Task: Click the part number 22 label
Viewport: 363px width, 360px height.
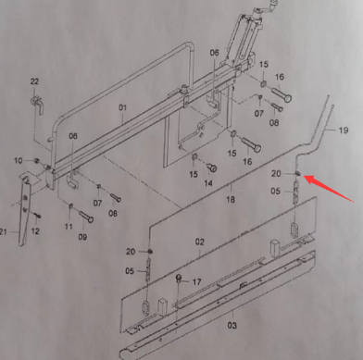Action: click(34, 82)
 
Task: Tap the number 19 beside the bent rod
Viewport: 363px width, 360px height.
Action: click(342, 131)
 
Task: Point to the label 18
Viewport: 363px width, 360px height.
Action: click(231, 200)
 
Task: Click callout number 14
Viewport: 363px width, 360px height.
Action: click(209, 184)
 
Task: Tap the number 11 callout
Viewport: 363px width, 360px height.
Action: click(69, 226)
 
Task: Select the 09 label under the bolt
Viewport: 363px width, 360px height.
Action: click(82, 237)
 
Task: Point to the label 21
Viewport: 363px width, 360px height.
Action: click(5, 230)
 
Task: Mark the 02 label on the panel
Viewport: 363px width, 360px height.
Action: click(199, 242)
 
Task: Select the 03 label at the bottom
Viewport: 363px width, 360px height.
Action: click(232, 325)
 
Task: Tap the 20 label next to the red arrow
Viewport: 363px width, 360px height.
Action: click(276, 173)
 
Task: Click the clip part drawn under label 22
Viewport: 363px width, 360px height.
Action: click(37, 106)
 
